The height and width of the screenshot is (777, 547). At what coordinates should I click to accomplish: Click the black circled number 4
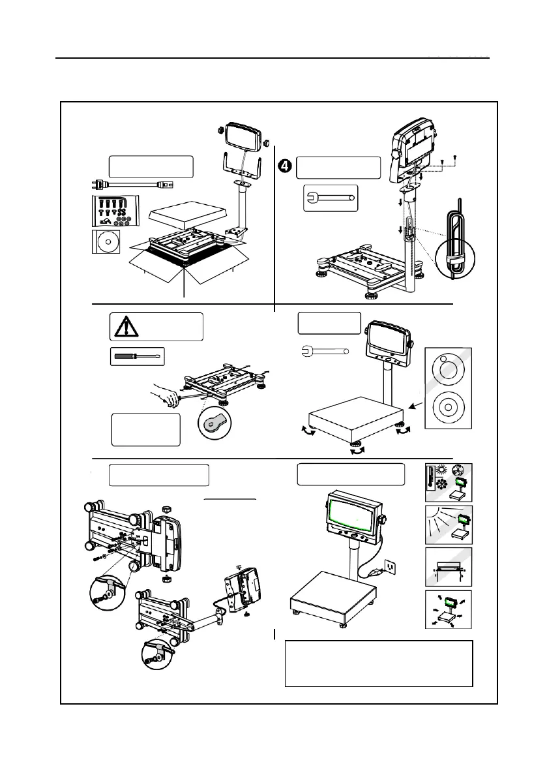tap(285, 166)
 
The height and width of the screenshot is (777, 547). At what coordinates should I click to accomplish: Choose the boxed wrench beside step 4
tap(330, 198)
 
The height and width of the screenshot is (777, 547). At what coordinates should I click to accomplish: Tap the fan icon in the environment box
tap(462, 472)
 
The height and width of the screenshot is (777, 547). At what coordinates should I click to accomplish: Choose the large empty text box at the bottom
tap(378, 663)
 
